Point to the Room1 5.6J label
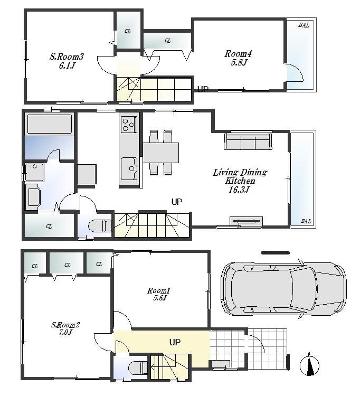coord(158,294)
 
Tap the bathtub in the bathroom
coord(49,125)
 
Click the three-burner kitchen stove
coord(129,125)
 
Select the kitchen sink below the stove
coord(129,169)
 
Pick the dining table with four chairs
coord(160,153)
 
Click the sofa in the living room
coord(248,142)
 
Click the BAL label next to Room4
coord(304,25)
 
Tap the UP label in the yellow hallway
coord(175,342)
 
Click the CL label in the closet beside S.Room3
coord(127,31)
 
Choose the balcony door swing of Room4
coord(293,73)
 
